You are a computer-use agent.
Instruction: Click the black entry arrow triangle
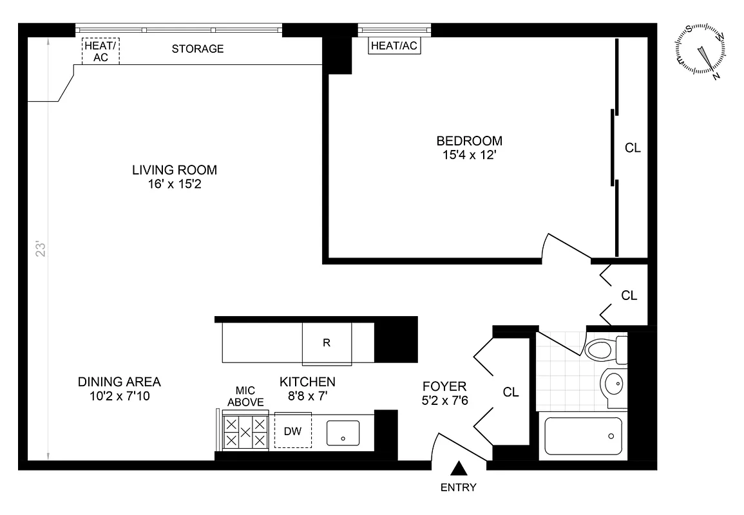pyautogui.click(x=459, y=469)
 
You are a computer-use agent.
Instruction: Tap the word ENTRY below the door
pyautogui.click(x=459, y=487)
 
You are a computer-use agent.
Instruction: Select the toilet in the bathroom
pyautogui.click(x=605, y=350)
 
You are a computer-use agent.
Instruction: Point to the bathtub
pyautogui.click(x=583, y=436)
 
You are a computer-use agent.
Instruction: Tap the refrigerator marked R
pyautogui.click(x=327, y=343)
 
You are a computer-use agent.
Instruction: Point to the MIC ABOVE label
pyautogui.click(x=245, y=396)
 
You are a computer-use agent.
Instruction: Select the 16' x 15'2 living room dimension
pyautogui.click(x=175, y=183)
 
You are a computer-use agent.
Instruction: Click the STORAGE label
pyautogui.click(x=198, y=49)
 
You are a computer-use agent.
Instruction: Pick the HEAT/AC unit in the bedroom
pyautogui.click(x=394, y=45)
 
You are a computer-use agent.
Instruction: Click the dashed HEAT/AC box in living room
pyautogui.click(x=100, y=51)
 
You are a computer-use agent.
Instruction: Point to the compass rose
pyautogui.click(x=700, y=51)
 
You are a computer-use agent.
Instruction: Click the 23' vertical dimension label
pyautogui.click(x=41, y=250)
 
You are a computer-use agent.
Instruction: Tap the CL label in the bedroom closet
pyautogui.click(x=633, y=148)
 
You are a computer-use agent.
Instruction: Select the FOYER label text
pyautogui.click(x=444, y=386)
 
